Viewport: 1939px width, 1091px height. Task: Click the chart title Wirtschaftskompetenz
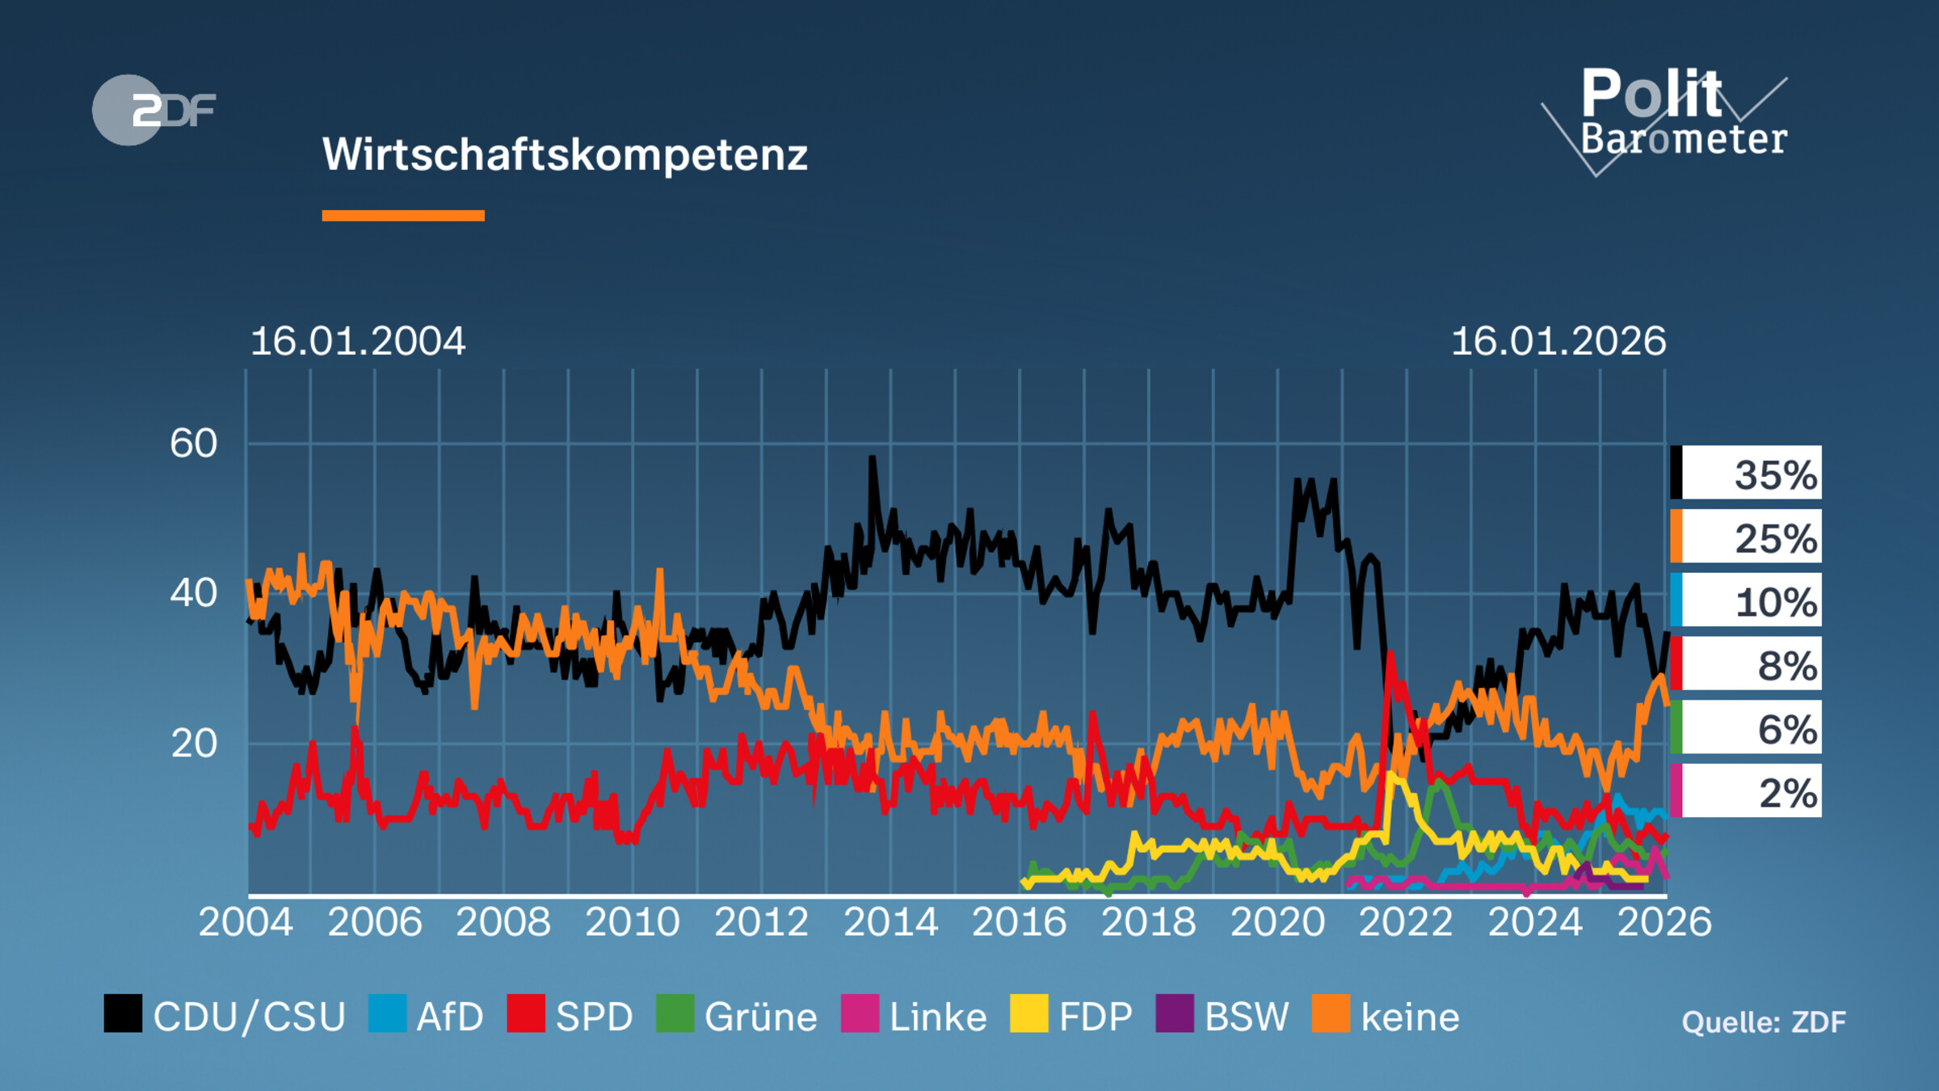pyautogui.click(x=565, y=154)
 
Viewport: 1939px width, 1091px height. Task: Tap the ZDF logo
pyautogui.click(x=154, y=110)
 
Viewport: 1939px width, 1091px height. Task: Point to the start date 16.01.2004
pyautogui.click(x=358, y=341)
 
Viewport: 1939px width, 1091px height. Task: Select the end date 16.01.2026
pyautogui.click(x=1558, y=341)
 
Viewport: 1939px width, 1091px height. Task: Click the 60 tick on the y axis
pyautogui.click(x=193, y=444)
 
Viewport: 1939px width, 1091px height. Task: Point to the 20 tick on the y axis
pyautogui.click(x=193, y=743)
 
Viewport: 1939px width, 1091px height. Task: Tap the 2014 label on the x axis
pyautogui.click(x=890, y=922)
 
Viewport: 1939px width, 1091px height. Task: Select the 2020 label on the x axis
pyautogui.click(x=1277, y=922)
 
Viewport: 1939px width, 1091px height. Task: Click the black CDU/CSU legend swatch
pyautogui.click(x=123, y=1013)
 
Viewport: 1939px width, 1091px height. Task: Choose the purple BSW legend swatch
pyautogui.click(x=1174, y=1013)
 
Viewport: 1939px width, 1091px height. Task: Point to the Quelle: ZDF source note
pyautogui.click(x=1763, y=1022)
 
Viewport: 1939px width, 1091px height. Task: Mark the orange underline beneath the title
pyautogui.click(x=402, y=216)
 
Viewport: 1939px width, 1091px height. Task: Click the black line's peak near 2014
pyautogui.click(x=872, y=458)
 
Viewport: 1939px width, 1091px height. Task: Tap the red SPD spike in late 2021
pyautogui.click(x=1390, y=655)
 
